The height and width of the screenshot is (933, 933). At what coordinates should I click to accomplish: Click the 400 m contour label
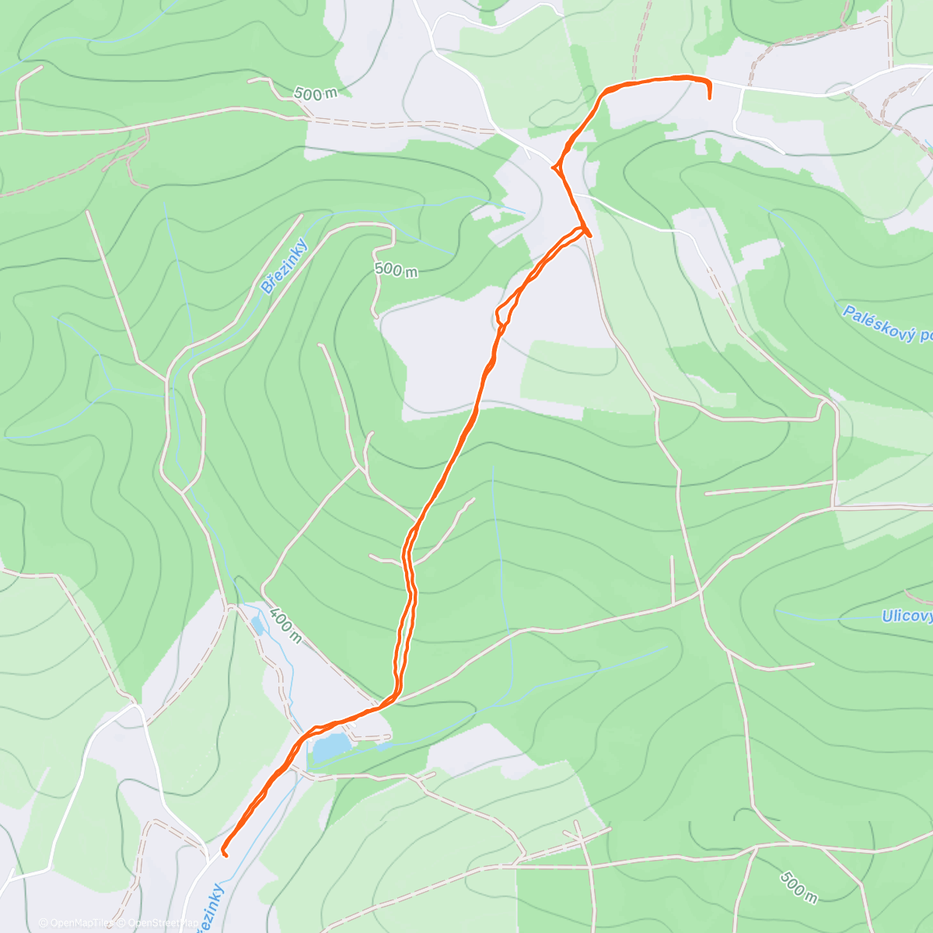[285, 624]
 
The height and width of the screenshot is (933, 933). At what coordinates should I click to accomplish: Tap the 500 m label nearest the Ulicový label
[798, 887]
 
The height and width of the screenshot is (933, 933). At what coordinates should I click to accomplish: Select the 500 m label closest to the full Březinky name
[396, 270]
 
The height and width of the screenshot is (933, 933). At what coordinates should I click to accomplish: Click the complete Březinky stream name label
[285, 266]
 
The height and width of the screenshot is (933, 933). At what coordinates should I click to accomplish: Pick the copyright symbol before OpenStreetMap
[121, 923]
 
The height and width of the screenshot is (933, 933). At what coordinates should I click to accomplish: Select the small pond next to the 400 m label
[257, 624]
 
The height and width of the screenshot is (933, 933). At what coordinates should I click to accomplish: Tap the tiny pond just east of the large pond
[383, 746]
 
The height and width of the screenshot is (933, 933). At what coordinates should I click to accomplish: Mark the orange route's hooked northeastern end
[710, 96]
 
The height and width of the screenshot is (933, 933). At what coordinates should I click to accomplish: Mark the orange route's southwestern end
[224, 853]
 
